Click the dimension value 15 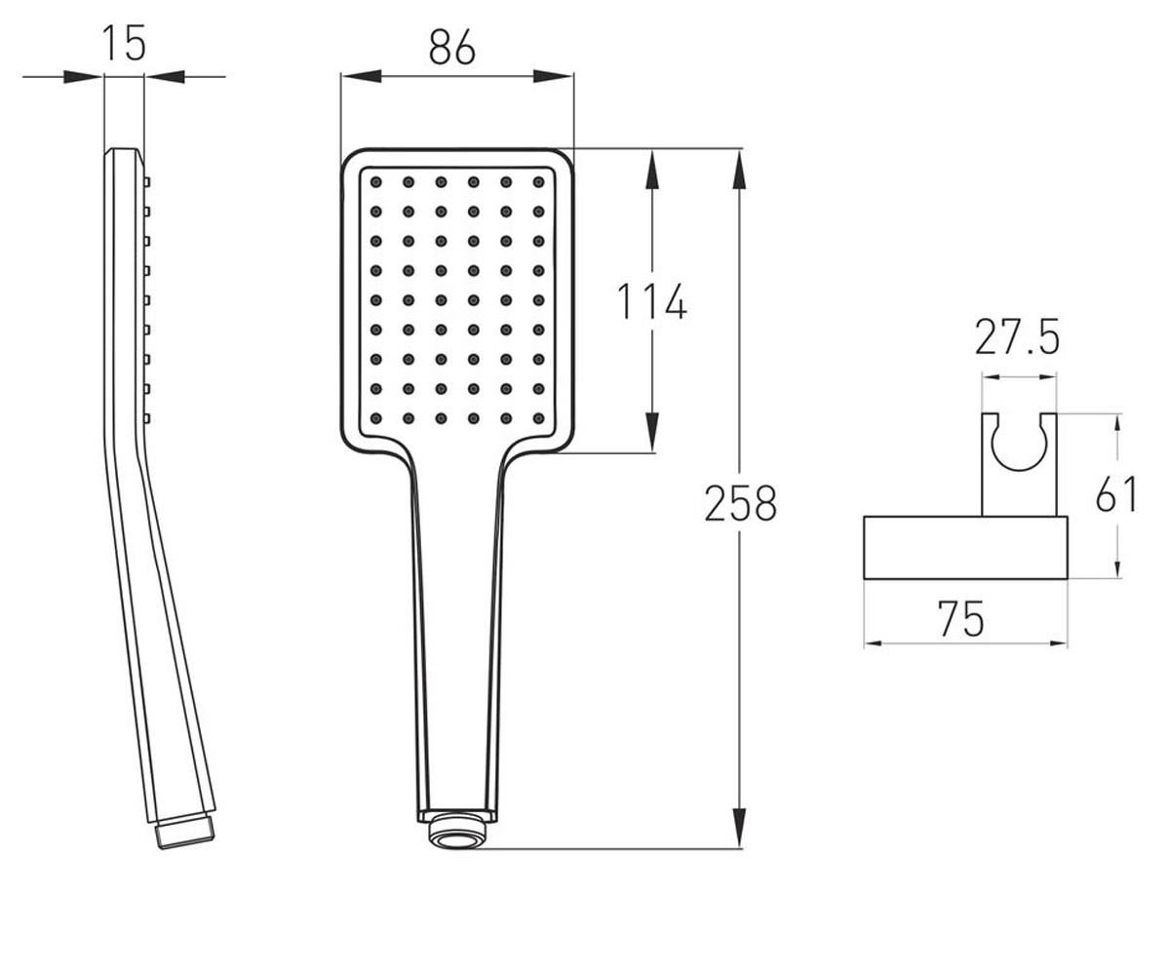tap(124, 43)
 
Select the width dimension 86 tap(452, 47)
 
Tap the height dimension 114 tap(651, 301)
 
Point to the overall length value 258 tap(740, 503)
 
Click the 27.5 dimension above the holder tap(1017, 336)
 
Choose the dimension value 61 tap(1116, 493)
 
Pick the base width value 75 tap(961, 618)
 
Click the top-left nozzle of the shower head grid tap(376, 182)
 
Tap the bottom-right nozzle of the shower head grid tap(538, 418)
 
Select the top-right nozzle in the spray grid tap(538, 182)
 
